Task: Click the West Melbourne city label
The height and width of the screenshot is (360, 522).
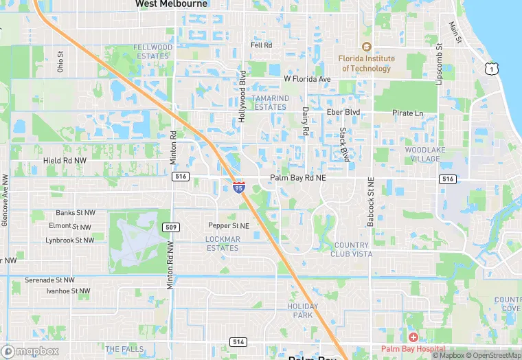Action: [x=171, y=4]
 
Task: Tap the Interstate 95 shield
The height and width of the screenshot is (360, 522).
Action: [x=238, y=186]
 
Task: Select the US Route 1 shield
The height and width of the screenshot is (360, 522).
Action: [x=490, y=68]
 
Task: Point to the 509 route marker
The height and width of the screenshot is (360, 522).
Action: [x=170, y=227]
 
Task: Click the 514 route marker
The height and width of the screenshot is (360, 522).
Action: [x=238, y=342]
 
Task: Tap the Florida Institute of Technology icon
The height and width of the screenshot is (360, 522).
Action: [x=366, y=47]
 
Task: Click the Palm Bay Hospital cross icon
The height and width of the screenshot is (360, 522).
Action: [x=412, y=337]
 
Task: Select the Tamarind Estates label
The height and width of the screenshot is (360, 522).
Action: [x=269, y=102]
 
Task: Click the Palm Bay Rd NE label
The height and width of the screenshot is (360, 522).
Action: [x=297, y=177]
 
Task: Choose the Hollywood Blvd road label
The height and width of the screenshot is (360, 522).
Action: [x=242, y=96]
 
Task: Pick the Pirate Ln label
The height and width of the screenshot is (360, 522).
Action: [x=407, y=113]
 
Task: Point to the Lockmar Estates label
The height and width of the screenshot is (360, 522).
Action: [x=223, y=243]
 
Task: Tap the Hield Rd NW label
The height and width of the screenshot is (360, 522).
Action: [x=65, y=160]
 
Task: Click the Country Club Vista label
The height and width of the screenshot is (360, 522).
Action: [x=352, y=249]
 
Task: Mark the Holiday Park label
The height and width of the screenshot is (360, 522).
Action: [x=303, y=311]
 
